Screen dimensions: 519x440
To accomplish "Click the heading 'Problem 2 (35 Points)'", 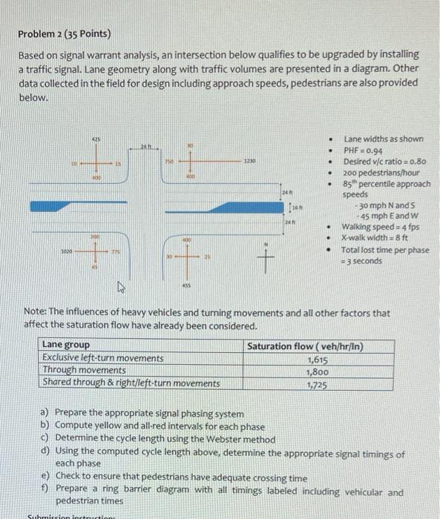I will point(65,34).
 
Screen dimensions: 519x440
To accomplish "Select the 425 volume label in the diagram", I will point(96,139).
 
